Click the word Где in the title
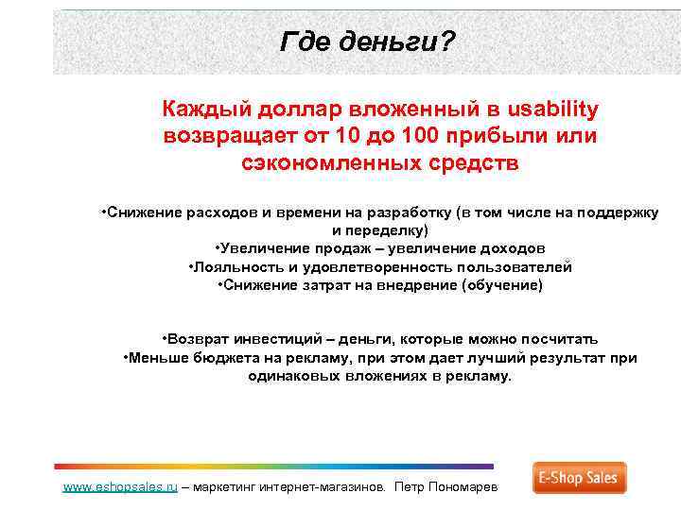click(x=300, y=42)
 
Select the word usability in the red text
click(x=548, y=110)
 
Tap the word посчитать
click(x=554, y=339)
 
